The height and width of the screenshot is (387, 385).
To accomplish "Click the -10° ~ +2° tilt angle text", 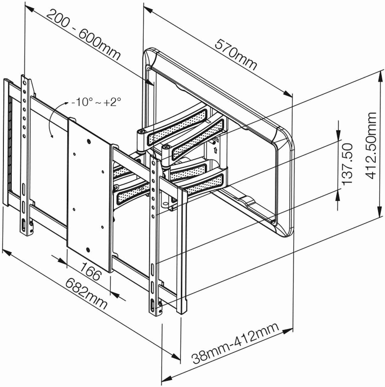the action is (96, 102).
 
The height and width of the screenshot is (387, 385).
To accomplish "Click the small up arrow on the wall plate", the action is (215, 149).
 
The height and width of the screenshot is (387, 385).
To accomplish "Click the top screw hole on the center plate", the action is (88, 141).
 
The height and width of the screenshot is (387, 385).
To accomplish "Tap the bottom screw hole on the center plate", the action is (88, 250).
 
